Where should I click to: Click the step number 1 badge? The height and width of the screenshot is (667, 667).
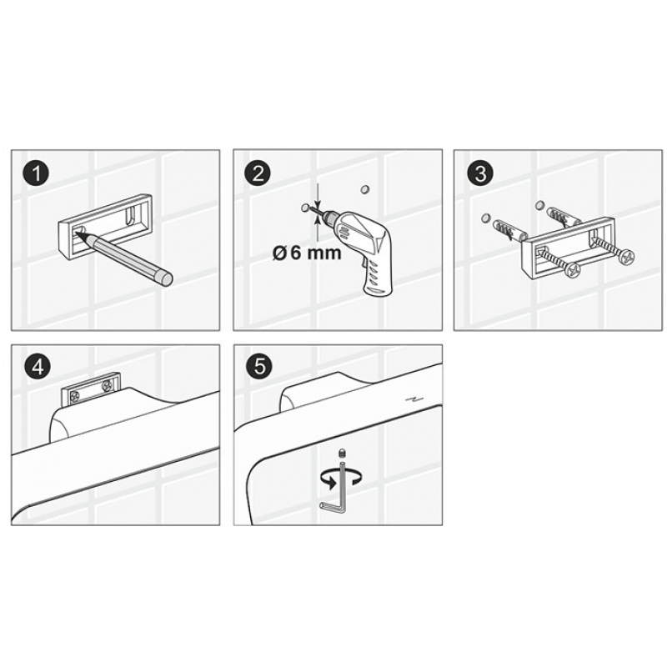[x=37, y=173]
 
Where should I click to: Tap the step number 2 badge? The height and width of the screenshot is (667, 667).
[x=258, y=173]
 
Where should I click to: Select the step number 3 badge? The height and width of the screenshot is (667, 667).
[x=480, y=173]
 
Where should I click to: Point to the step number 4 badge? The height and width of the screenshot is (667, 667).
[x=38, y=367]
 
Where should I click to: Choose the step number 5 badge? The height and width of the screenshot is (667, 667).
[x=260, y=367]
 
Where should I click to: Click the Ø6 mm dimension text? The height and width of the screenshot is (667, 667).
[x=307, y=253]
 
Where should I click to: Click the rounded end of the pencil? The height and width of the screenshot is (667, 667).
[x=164, y=278]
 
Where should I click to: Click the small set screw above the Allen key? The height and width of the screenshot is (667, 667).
[x=341, y=452]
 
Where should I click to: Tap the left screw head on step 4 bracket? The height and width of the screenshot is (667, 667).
[x=75, y=397]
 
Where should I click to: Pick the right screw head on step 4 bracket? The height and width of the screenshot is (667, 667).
[x=107, y=386]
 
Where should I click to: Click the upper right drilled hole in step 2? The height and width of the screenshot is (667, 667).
[x=364, y=189]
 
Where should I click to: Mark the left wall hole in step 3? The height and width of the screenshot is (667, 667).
[x=485, y=219]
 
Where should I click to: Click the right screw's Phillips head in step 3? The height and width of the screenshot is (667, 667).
[x=626, y=256]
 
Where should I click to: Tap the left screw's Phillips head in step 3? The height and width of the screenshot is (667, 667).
[x=573, y=270]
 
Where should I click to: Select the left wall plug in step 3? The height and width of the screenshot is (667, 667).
[x=510, y=232]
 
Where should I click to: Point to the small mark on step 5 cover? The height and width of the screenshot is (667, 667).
[x=412, y=399]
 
